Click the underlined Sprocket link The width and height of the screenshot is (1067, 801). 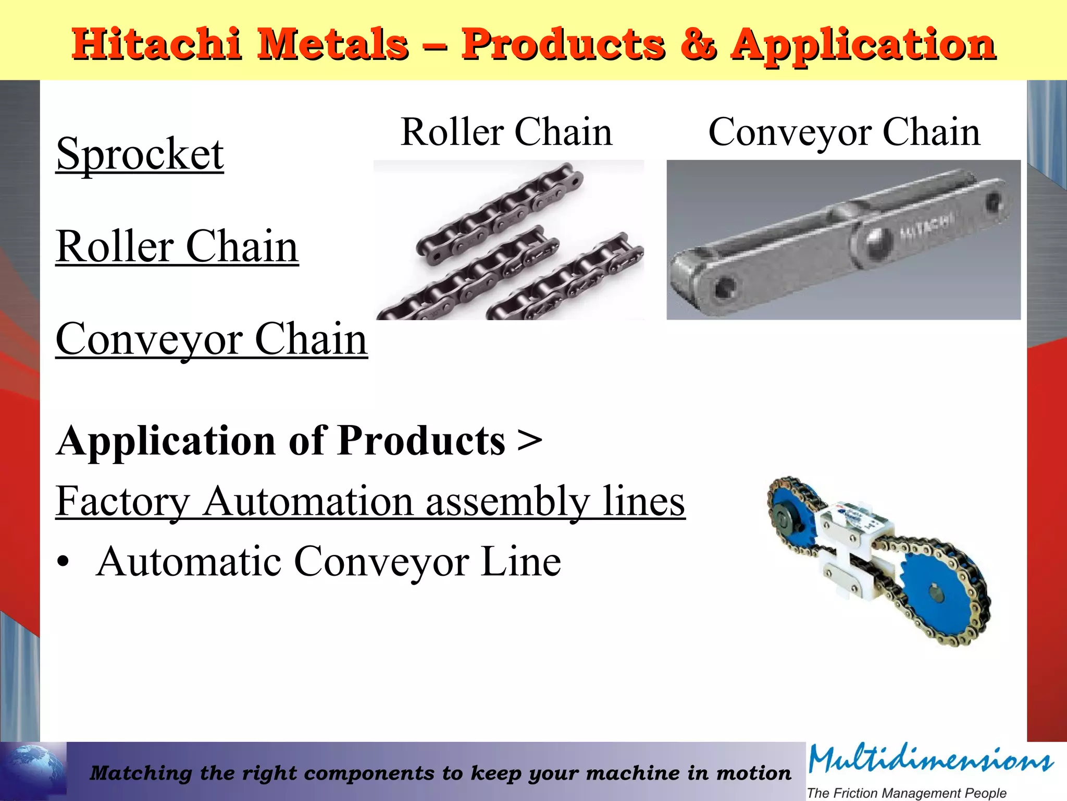point(140,155)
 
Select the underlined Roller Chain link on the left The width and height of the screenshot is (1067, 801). point(177,247)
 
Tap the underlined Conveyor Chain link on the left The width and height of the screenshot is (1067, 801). point(212,339)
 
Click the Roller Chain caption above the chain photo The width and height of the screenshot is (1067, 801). point(506,132)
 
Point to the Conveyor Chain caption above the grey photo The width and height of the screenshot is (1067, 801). point(844,132)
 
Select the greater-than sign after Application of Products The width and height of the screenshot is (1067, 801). point(530,441)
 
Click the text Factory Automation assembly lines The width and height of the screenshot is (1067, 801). point(370,502)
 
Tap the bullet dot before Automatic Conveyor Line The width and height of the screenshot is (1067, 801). point(63,563)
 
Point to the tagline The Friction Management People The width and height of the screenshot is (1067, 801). point(907,793)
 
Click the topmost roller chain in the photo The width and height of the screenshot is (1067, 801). point(500,214)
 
